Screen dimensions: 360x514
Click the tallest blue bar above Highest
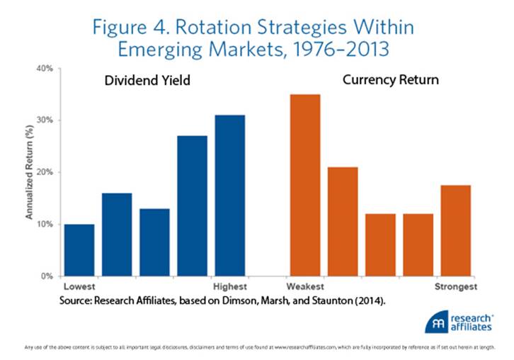[x=229, y=195]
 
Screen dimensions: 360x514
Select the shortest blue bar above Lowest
[x=79, y=249]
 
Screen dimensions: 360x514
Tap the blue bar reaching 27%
[x=192, y=206]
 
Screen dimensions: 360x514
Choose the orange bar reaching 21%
[x=343, y=221]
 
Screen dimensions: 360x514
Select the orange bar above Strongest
[x=455, y=230]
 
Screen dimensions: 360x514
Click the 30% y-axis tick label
[x=45, y=120]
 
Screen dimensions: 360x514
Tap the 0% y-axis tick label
[x=47, y=276]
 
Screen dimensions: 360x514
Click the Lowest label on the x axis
[x=79, y=287]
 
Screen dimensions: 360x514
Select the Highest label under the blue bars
[x=229, y=287]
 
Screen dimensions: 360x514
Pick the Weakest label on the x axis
[x=305, y=287]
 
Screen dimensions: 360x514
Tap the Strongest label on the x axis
[x=455, y=287]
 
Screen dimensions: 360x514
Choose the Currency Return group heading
[x=390, y=79]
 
